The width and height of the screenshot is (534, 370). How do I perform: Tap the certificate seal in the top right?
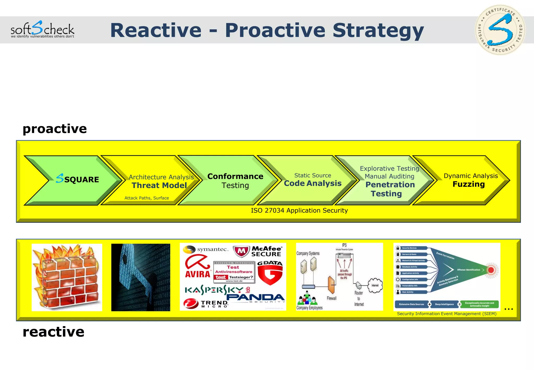tap(500, 30)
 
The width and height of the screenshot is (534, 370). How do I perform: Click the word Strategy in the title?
tap(378, 31)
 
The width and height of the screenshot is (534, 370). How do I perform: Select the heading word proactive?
tap(54, 129)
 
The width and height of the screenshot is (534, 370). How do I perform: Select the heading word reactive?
tap(53, 332)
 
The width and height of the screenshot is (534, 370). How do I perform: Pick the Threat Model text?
tap(159, 185)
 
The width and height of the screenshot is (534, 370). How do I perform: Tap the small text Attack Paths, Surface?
tap(147, 198)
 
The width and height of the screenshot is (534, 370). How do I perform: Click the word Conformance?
tap(235, 176)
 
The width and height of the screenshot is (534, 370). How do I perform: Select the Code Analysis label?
tap(312, 183)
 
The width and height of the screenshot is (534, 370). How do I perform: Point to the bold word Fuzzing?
tap(469, 184)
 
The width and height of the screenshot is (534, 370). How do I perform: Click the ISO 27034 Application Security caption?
tap(299, 211)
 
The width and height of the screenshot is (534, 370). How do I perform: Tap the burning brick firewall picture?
tap(67, 277)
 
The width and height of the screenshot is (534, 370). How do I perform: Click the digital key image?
tap(141, 277)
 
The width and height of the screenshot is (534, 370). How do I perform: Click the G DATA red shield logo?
tap(270, 273)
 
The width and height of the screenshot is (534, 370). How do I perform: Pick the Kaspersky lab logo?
tap(218, 290)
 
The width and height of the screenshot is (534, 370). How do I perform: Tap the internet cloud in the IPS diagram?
tap(375, 285)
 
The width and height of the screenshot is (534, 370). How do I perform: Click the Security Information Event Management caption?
tap(446, 314)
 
